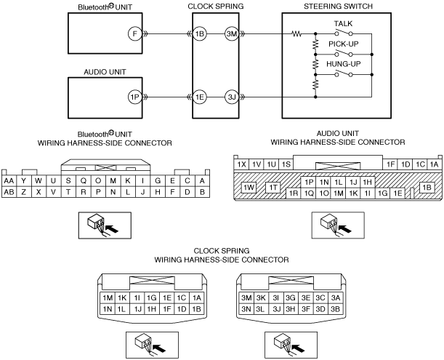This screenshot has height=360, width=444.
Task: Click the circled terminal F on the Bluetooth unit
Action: pos(134,34)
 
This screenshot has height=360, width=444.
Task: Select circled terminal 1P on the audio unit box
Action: pos(134,97)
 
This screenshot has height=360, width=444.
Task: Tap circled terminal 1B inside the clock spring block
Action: pos(200,34)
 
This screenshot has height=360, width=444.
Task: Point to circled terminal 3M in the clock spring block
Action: pos(232,34)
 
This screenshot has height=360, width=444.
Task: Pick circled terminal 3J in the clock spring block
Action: pos(232,97)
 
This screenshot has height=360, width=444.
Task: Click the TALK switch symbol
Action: pos(344,33)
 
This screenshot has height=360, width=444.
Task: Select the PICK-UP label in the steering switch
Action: pos(344,44)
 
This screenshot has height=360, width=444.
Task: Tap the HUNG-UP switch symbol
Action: pos(344,73)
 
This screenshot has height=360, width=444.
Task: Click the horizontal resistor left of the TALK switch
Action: pos(296,34)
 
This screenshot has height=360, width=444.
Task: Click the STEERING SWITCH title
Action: pos(338,7)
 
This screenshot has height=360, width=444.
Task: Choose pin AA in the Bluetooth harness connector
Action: pos(9,181)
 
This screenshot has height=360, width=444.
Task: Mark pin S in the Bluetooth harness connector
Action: pos(68,181)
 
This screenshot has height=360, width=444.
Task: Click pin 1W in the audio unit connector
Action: pos(249,187)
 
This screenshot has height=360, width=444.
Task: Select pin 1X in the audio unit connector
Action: pos(241,164)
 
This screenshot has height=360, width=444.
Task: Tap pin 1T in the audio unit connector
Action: pos(273,187)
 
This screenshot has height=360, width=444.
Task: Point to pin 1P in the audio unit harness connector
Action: pos(309,183)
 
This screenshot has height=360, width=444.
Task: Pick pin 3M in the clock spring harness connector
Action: pos(246,298)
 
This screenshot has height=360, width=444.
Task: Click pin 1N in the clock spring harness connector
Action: pos(108,309)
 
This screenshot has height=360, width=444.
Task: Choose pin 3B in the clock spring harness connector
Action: pos(336,309)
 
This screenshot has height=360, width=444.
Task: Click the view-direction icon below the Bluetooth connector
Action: pos(105,225)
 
